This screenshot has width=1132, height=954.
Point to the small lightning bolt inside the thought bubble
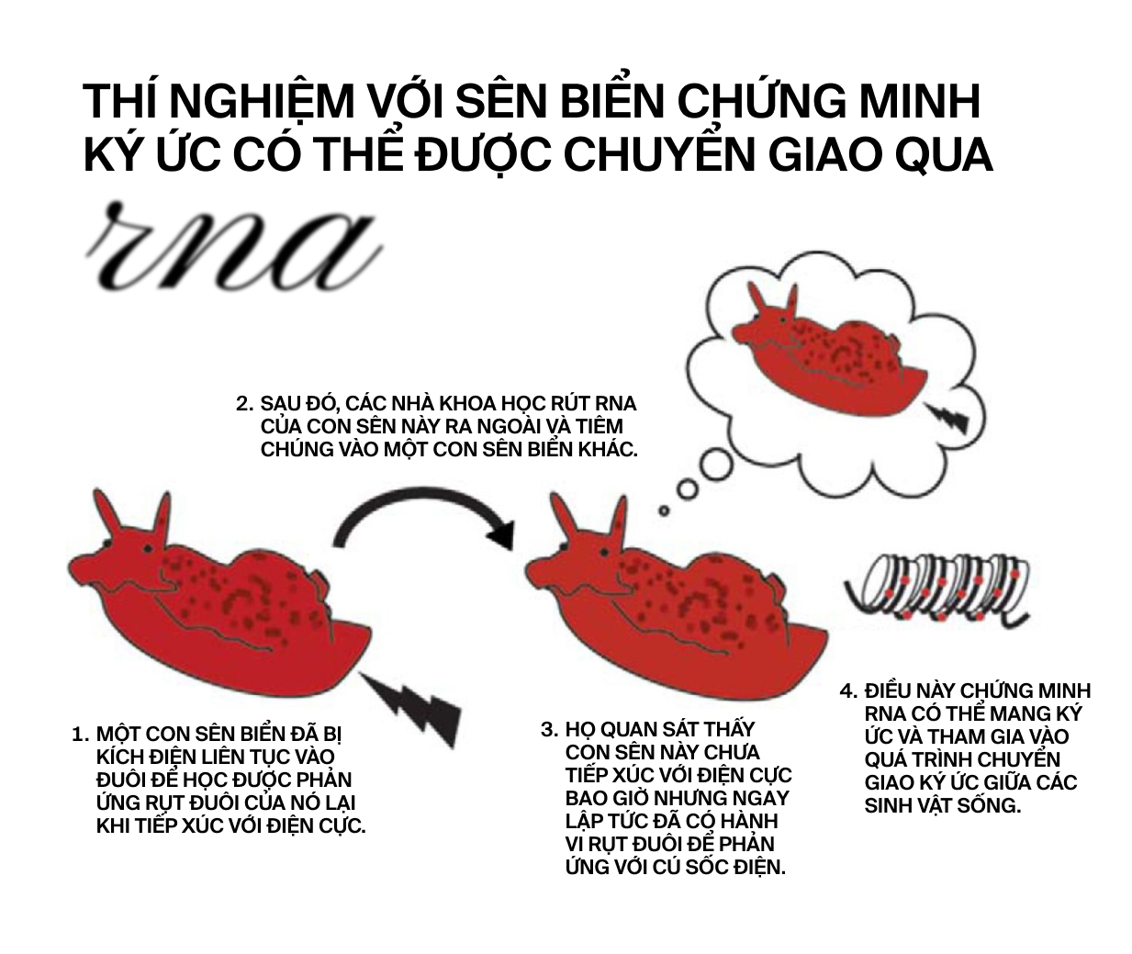tap(946, 418)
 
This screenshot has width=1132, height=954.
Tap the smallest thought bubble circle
tap(664, 511)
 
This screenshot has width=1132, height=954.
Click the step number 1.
tap(80, 735)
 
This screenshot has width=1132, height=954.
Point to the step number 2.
tap(244, 404)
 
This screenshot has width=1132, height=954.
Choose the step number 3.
tap(549, 730)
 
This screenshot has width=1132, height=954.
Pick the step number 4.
tap(848, 691)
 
